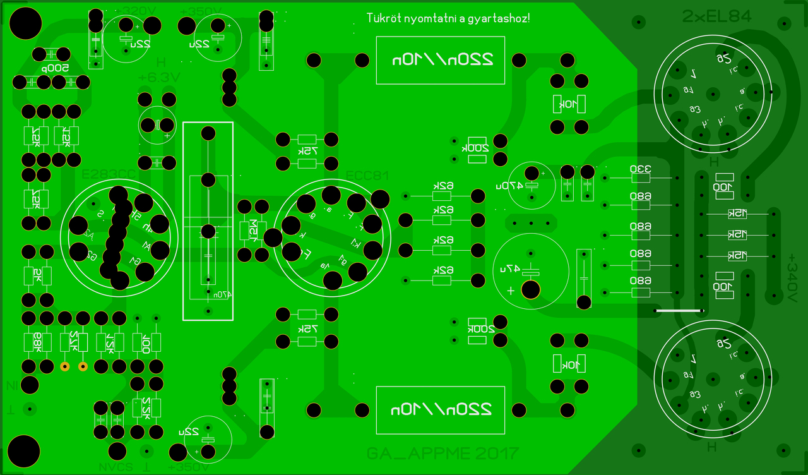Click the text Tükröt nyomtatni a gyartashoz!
click(448, 18)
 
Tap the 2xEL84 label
click(716, 17)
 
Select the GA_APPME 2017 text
click(442, 453)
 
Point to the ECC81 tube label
click(367, 176)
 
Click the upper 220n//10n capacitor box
click(440, 60)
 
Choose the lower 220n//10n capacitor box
click(440, 409)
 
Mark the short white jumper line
click(679, 311)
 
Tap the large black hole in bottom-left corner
click(25, 450)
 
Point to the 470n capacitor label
click(220, 294)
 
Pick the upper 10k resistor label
click(569, 104)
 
